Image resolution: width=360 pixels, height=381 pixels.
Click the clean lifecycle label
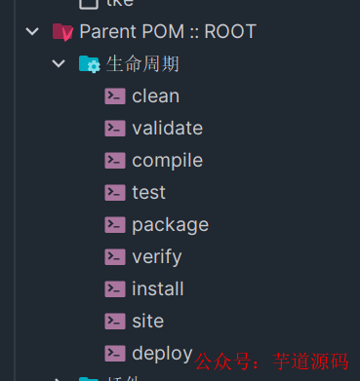(x=155, y=96)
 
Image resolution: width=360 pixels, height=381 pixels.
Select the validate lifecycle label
(x=167, y=129)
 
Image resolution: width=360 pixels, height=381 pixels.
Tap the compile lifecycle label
(x=167, y=161)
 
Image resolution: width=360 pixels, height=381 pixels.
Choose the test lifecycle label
(x=148, y=193)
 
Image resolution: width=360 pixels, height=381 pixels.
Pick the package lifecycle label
(x=170, y=225)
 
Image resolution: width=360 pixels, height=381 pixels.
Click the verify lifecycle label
(x=156, y=257)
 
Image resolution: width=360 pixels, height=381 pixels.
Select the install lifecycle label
(x=157, y=289)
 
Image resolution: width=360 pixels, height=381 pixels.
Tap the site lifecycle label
(x=147, y=322)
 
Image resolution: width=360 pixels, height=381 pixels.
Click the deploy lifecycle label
(x=162, y=354)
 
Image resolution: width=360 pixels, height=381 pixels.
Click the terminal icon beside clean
(x=115, y=96)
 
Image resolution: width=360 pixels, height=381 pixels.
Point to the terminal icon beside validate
(x=115, y=129)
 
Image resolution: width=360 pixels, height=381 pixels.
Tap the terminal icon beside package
(x=115, y=225)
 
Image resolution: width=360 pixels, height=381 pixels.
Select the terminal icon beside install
(x=115, y=289)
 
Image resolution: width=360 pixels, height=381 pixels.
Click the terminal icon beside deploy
(x=115, y=354)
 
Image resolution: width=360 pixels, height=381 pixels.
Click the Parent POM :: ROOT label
(x=168, y=32)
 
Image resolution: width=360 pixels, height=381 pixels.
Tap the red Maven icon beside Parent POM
(x=62, y=32)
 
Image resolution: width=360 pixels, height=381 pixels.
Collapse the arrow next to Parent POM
(x=33, y=32)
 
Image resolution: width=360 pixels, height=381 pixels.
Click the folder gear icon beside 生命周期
(x=90, y=64)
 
